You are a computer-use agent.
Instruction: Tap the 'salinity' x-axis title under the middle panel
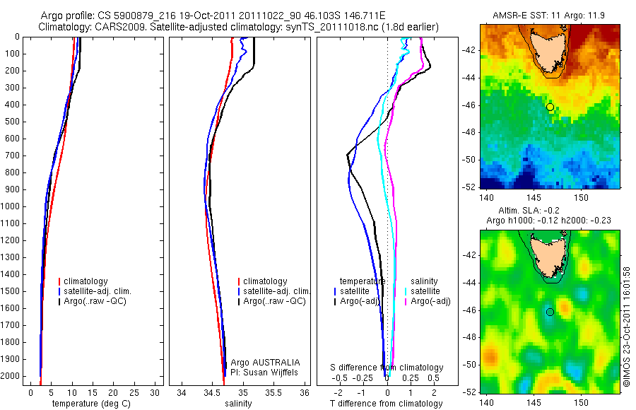click(x=238, y=404)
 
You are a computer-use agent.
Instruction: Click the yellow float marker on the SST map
click(x=550, y=107)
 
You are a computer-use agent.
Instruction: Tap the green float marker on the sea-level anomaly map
click(x=550, y=312)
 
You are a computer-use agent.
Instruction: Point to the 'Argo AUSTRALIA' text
click(x=265, y=362)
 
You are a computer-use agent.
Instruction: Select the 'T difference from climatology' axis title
click(x=386, y=404)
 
